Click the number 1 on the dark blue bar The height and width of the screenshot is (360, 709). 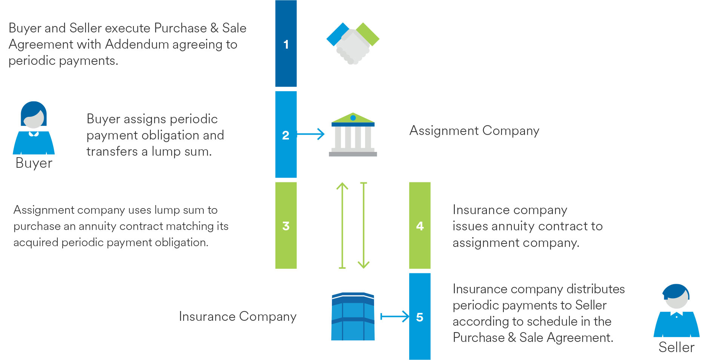tap(286, 44)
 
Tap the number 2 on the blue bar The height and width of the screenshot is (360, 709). tap(285, 135)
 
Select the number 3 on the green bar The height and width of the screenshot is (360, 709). tap(286, 226)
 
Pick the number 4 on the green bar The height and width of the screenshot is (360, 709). tap(420, 226)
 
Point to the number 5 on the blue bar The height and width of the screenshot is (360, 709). tap(420, 317)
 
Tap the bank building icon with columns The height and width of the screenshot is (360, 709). tap(353, 135)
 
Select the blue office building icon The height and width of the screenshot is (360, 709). tap(353, 316)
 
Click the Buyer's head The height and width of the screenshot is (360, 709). tap(34, 115)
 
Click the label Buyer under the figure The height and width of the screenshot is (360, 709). tap(34, 163)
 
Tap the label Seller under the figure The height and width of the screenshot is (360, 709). tap(676, 347)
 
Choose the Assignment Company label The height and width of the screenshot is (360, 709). tap(474, 130)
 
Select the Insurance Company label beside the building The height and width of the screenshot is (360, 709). tap(238, 316)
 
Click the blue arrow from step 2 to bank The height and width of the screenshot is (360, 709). tap(311, 134)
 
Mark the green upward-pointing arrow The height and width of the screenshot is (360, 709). tap(342, 225)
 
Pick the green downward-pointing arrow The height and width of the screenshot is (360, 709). tap(364, 225)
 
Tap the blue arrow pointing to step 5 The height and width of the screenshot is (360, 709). tap(395, 316)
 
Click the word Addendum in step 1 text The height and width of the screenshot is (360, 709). tap(137, 44)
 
